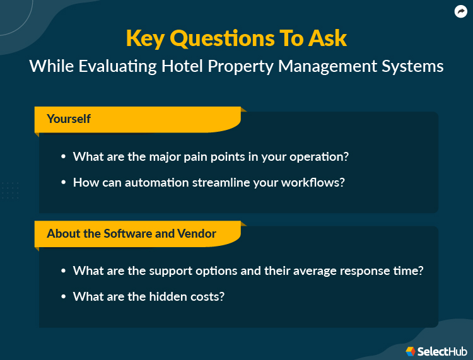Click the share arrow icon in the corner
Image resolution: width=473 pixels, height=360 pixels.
(460, 11)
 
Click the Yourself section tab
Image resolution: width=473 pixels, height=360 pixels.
(69, 119)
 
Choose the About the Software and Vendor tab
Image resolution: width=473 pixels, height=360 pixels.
(131, 233)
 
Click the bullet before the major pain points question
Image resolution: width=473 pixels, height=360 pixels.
(63, 157)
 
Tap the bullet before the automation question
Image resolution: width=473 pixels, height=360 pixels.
(63, 182)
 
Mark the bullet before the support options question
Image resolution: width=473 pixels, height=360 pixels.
(63, 271)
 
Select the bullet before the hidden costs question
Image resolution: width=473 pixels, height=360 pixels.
(63, 296)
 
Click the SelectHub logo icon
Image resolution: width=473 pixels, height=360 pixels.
(411, 351)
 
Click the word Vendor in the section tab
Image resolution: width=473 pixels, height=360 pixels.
(197, 233)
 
